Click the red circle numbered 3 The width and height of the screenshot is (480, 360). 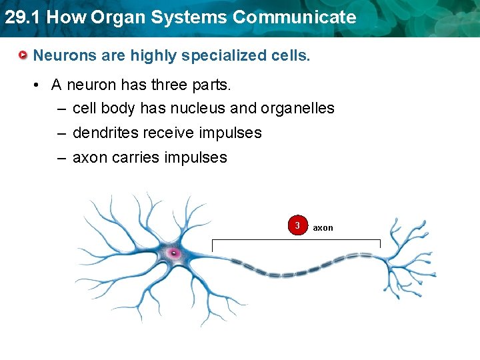tap(297, 225)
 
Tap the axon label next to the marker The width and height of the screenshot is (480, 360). tap(323, 228)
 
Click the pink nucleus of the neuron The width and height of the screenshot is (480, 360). tap(174, 253)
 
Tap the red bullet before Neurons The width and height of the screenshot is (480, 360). tap(23, 55)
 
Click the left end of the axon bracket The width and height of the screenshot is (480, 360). tap(212, 241)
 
